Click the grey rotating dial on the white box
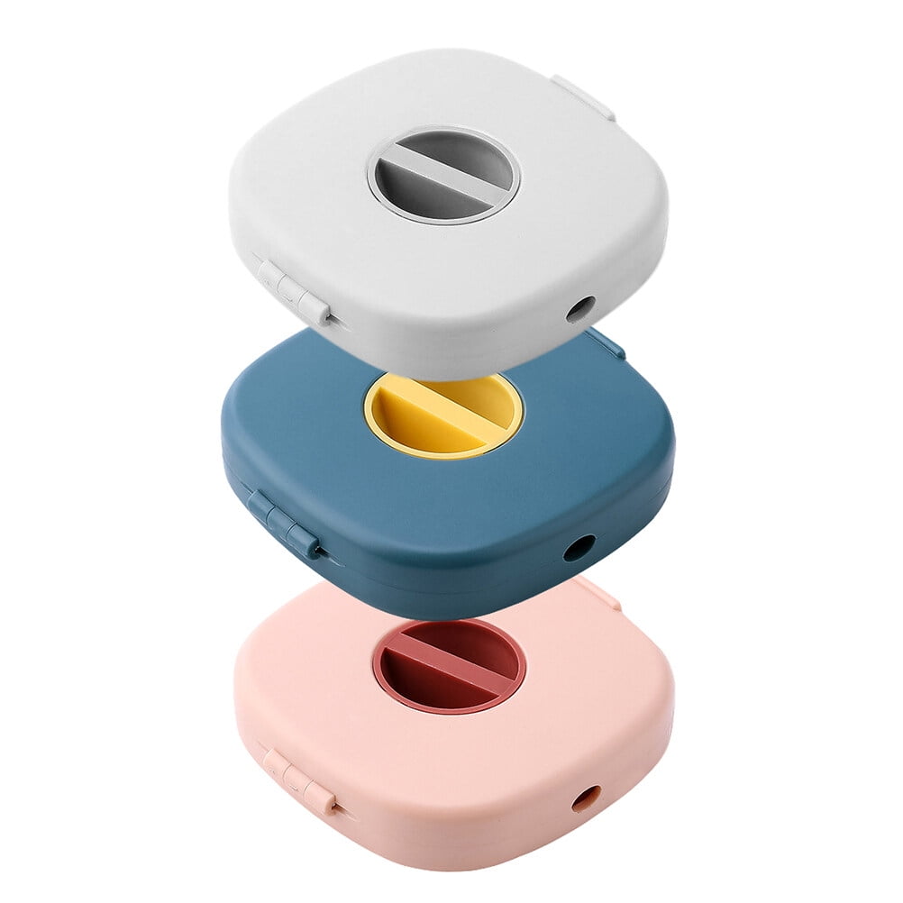(x=443, y=175)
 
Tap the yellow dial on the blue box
(x=443, y=415)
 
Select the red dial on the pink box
(x=450, y=666)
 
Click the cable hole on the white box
(x=579, y=309)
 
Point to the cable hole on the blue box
(x=579, y=547)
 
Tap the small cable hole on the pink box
(x=586, y=798)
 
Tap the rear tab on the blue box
(x=606, y=343)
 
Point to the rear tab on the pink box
(x=598, y=593)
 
